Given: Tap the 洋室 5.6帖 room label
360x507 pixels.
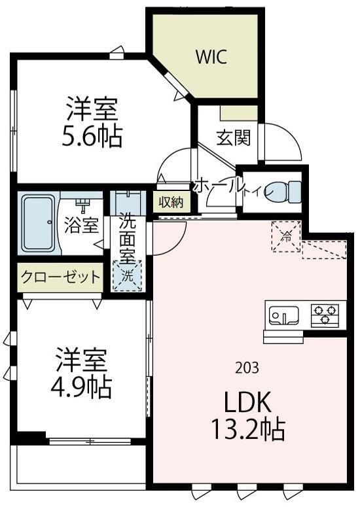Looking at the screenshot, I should [94, 122].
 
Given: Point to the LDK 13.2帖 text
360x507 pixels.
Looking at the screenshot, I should [247, 415].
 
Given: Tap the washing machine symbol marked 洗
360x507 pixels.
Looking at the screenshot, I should [128, 275].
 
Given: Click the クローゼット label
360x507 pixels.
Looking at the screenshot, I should [61, 276].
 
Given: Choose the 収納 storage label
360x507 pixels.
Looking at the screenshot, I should [173, 201].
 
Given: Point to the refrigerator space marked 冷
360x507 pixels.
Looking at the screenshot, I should [286, 237].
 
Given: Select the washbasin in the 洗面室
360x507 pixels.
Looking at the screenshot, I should [128, 198].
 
